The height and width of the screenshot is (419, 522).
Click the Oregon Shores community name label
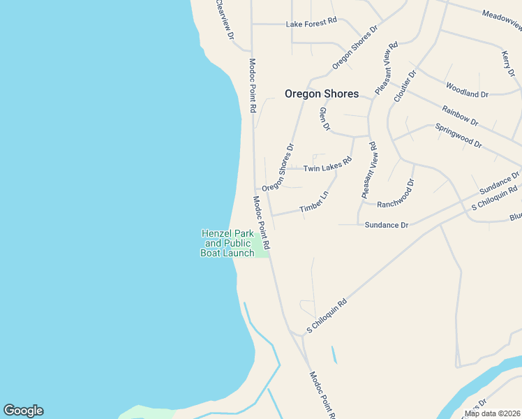tap(322, 94)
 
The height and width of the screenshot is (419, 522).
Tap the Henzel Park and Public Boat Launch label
tap(228, 243)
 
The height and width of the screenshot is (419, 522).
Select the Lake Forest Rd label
tap(311, 22)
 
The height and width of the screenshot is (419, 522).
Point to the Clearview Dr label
tap(224, 19)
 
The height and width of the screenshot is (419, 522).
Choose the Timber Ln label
tap(313, 203)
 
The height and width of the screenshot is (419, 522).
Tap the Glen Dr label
tap(324, 119)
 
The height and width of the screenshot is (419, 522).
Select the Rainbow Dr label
tap(460, 116)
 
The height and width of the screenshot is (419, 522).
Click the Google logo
tap(23, 411)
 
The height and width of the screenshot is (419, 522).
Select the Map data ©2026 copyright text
tap(491, 413)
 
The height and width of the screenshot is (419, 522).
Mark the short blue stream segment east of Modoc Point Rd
tap(334, 355)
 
